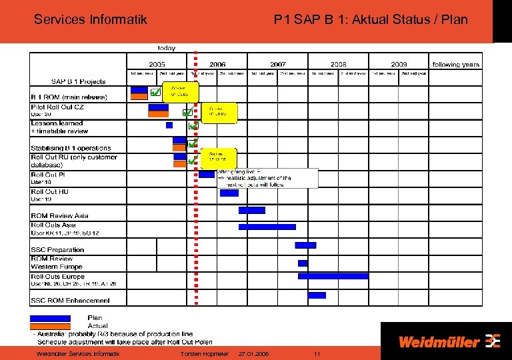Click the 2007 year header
[x=277, y=65]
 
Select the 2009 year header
[x=398, y=65]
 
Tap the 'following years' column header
[x=455, y=65]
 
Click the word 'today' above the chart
[x=167, y=48]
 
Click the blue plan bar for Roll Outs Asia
[x=267, y=227]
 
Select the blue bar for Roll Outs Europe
[x=333, y=275]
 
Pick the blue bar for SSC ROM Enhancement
[x=317, y=295]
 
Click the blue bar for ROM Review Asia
[x=251, y=210]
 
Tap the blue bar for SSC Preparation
[x=305, y=245]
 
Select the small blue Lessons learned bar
[x=169, y=125]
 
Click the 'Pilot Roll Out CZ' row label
[x=57, y=107]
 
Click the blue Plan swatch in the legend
[x=50, y=318]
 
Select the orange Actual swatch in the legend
[x=50, y=326]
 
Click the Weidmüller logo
[x=449, y=341]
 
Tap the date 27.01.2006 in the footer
[x=253, y=354]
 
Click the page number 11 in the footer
[x=317, y=354]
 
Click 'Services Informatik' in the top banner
[x=91, y=19]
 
